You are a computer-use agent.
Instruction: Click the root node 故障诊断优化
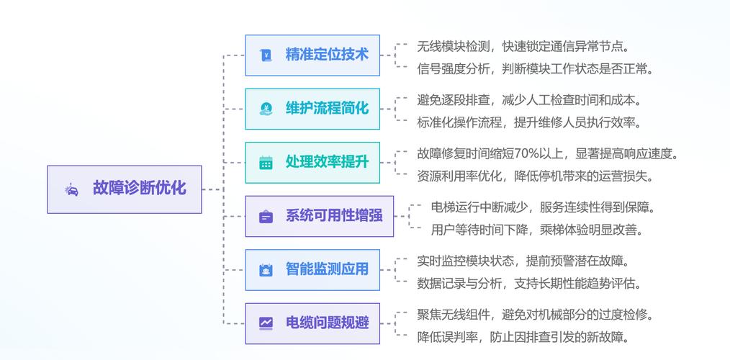(x=125, y=189)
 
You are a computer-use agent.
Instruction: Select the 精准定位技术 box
(x=312, y=55)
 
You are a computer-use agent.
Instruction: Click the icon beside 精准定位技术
(x=266, y=55)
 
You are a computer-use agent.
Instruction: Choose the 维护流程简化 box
(x=312, y=109)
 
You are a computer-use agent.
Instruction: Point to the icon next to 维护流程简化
(x=266, y=109)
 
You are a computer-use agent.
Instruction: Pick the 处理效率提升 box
(x=312, y=162)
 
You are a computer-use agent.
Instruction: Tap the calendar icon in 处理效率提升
(x=266, y=163)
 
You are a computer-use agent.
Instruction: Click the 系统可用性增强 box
(x=319, y=216)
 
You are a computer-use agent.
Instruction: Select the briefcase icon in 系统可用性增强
(x=266, y=216)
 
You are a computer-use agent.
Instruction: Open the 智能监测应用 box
(x=312, y=270)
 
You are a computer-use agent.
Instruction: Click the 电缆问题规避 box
(x=312, y=323)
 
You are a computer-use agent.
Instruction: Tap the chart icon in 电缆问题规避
(x=266, y=323)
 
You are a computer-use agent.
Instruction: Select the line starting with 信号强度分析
(x=535, y=69)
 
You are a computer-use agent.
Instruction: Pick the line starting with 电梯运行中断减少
(x=543, y=207)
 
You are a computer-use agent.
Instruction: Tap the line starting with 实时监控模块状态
(x=523, y=261)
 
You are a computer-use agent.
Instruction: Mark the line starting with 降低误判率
(x=523, y=336)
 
